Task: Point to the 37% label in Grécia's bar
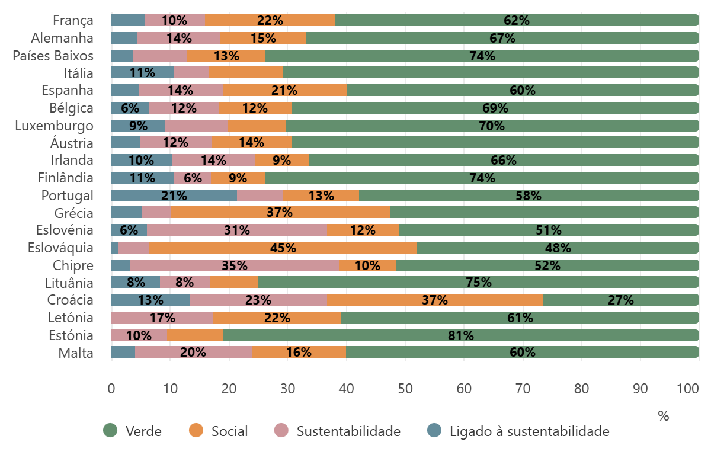[280, 213]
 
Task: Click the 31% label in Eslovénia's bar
[237, 230]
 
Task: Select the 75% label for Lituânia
[479, 283]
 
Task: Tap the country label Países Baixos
[53, 56]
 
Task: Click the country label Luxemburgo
[62, 126]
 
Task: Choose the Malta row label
[75, 353]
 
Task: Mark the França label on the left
[73, 21]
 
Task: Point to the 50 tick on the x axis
[405, 389]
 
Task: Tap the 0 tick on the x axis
[111, 389]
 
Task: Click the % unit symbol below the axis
[663, 417]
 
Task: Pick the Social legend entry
[230, 431]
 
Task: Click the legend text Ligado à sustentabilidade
[529, 431]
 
